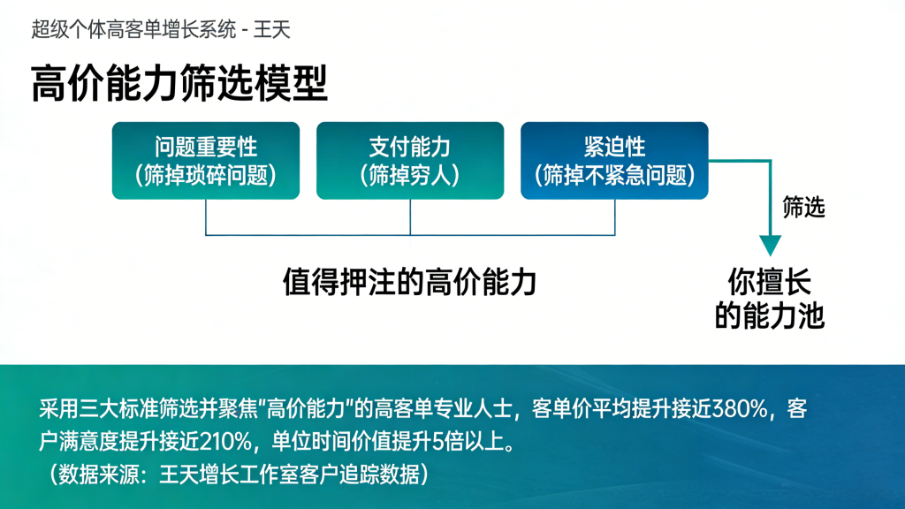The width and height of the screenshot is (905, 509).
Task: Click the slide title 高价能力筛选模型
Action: (x=179, y=84)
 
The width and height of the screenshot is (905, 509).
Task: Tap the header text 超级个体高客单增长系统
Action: (x=133, y=29)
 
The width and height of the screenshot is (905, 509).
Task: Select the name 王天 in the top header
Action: (x=271, y=29)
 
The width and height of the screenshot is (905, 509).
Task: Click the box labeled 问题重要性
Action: (x=205, y=161)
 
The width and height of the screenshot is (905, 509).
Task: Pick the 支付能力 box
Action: (x=410, y=161)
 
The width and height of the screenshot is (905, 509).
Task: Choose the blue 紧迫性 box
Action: (x=614, y=161)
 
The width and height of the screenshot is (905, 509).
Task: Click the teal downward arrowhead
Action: (x=770, y=245)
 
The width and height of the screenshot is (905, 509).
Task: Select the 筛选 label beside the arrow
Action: (x=803, y=207)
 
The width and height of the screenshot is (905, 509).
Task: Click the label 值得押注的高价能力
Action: (x=410, y=282)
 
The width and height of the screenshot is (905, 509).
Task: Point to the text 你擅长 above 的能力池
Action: (x=770, y=282)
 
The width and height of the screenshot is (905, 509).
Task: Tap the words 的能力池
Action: (x=770, y=315)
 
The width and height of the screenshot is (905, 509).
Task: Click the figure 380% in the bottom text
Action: (x=740, y=409)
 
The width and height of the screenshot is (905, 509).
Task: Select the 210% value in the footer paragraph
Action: (x=225, y=442)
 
